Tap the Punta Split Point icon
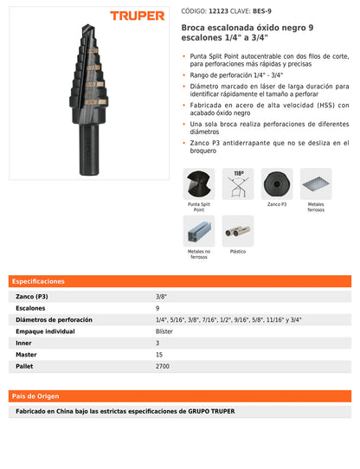[x=199, y=184]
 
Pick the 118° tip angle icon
[x=238, y=184]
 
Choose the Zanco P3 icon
[x=277, y=184]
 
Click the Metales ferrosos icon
[x=316, y=184]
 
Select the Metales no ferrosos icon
[x=199, y=231]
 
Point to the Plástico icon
[x=238, y=231]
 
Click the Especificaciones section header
[x=39, y=281]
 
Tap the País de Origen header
[x=35, y=395]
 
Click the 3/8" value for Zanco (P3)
[x=162, y=296]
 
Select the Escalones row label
[x=31, y=308]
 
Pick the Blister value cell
[x=164, y=331]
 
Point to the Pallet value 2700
[x=163, y=366]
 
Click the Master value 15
[x=159, y=355]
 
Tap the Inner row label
[x=24, y=343]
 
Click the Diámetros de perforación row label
[x=55, y=319]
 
